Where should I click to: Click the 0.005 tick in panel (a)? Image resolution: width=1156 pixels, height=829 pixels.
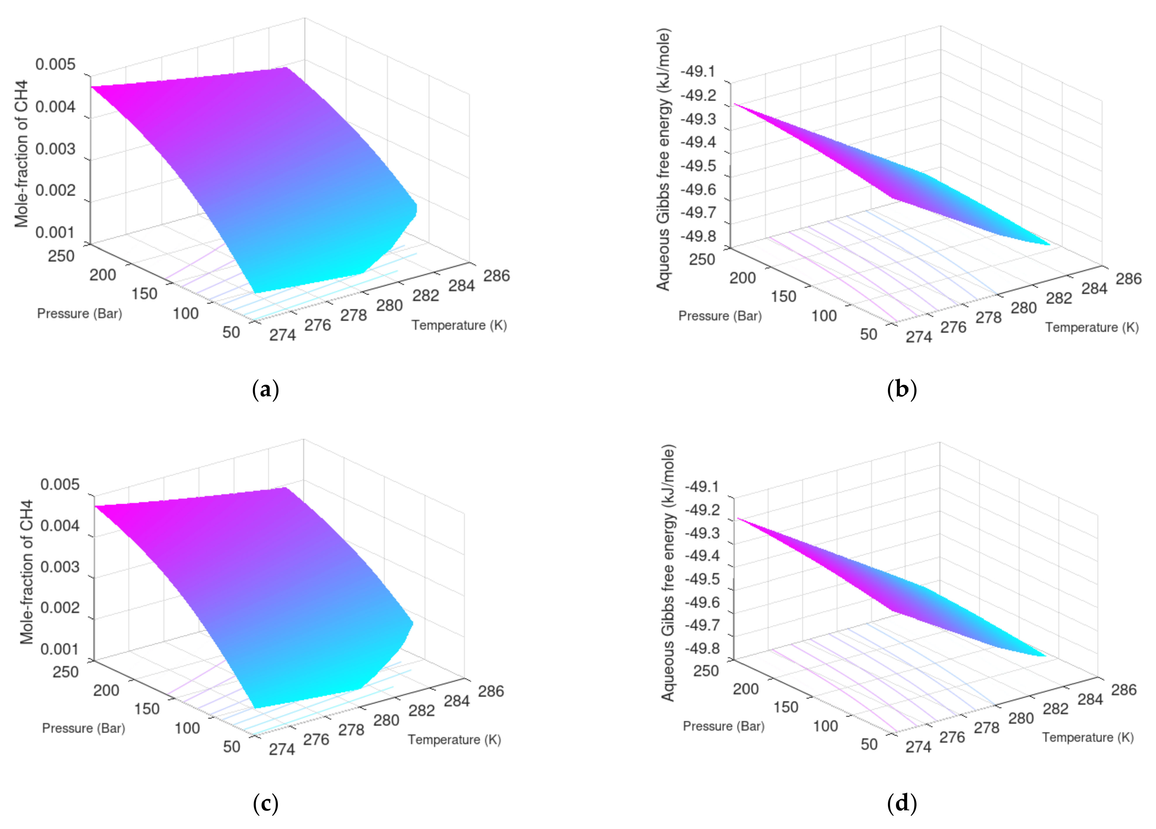point(55,65)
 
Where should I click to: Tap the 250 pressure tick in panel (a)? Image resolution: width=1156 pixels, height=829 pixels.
point(61,256)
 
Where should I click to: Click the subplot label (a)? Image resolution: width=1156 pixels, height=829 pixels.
point(265,390)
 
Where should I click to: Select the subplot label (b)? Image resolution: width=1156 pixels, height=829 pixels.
point(902,390)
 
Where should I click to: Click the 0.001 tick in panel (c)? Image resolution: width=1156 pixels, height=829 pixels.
point(60,649)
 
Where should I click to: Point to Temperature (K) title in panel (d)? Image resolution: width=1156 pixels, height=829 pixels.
point(1088,738)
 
